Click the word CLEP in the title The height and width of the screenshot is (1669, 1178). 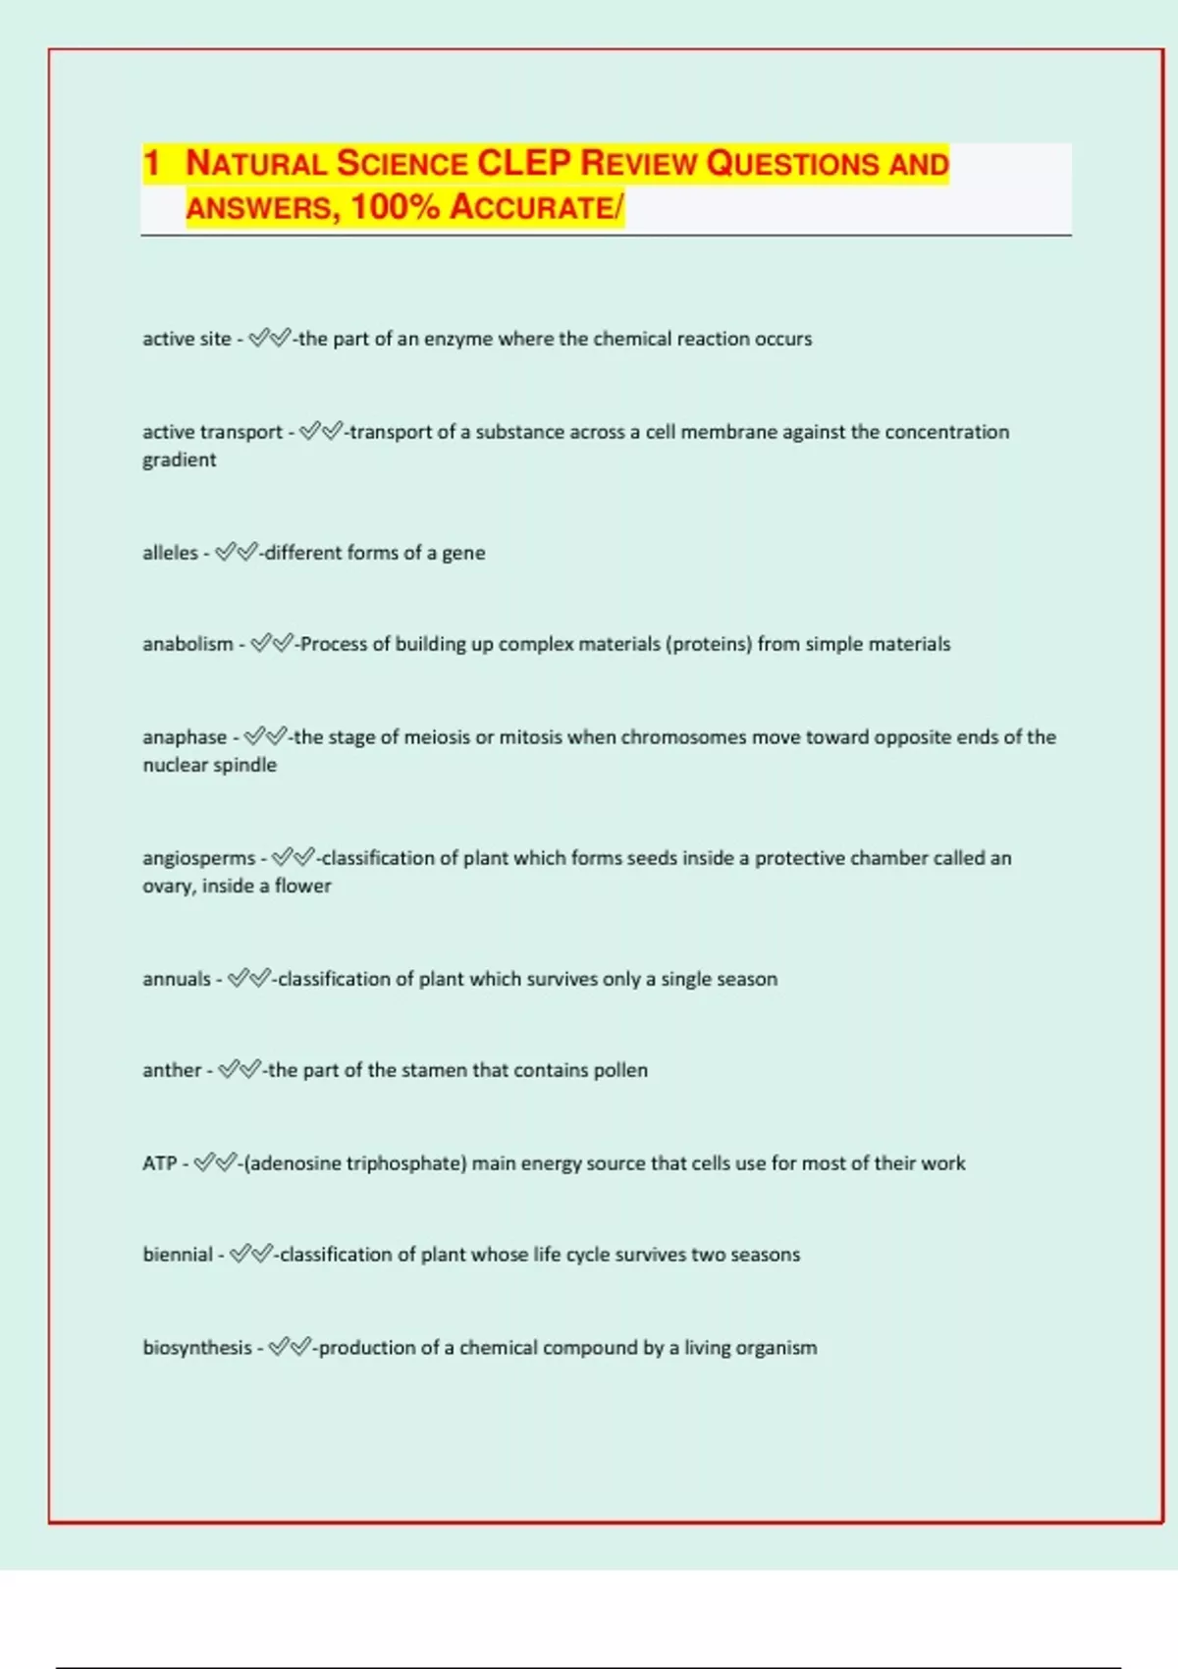click(x=523, y=163)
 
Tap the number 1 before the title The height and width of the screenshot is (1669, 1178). click(x=151, y=163)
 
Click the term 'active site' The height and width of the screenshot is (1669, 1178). click(x=187, y=339)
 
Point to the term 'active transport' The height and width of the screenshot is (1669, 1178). click(x=212, y=432)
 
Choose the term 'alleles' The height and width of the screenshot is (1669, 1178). click(x=170, y=553)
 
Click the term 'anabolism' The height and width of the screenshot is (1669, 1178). click(x=187, y=644)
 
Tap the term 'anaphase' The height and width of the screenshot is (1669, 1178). click(x=185, y=737)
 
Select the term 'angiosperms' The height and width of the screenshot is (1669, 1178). click(x=198, y=858)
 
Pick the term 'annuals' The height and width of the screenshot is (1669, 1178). click(x=177, y=979)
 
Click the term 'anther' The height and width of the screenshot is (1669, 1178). click(x=172, y=1070)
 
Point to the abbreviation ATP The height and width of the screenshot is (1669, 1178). click(x=159, y=1163)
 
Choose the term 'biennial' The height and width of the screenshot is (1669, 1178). click(x=178, y=1255)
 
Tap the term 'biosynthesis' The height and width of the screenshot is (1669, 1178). click(x=197, y=1348)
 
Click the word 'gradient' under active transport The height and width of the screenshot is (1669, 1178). click(x=179, y=459)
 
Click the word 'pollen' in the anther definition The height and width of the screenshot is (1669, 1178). click(x=620, y=1070)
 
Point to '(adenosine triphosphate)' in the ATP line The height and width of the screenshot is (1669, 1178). click(x=354, y=1163)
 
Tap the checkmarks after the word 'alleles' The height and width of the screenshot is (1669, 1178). click(x=237, y=553)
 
